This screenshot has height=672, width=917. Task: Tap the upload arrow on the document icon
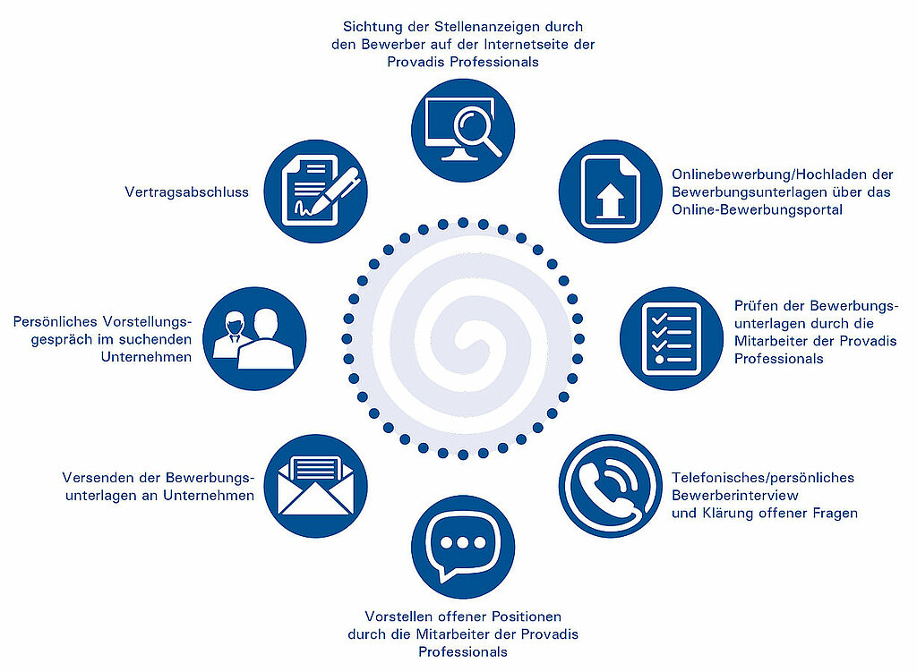[610, 200]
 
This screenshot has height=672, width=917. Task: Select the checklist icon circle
[672, 338]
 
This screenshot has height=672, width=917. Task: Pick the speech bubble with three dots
[463, 547]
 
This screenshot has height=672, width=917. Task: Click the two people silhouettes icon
[253, 339]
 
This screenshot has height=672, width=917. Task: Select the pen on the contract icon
[335, 190]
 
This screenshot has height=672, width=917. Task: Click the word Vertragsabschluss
[186, 192]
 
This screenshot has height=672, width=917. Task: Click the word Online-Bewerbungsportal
[757, 209]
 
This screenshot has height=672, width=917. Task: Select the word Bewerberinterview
[734, 496]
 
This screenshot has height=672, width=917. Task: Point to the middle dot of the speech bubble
[463, 543]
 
